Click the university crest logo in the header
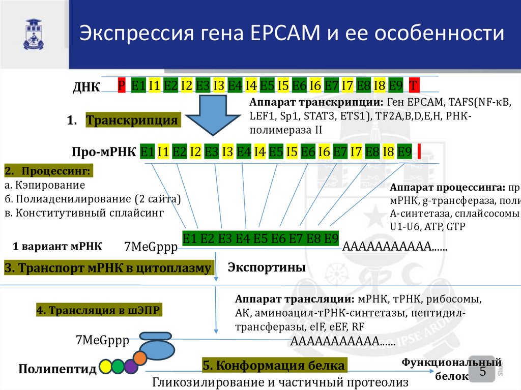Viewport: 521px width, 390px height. point(34,34)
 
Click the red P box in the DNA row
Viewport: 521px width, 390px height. point(122,85)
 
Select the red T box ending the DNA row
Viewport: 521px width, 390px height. point(414,85)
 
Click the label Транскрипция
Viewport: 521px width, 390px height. point(132,121)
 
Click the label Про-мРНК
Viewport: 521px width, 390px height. point(104,152)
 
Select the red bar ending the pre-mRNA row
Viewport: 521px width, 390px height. point(419,152)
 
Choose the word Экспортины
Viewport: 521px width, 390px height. point(266,267)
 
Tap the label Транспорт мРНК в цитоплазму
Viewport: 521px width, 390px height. point(108,268)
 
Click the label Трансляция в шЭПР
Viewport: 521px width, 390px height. point(100,310)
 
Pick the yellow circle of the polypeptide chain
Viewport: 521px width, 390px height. point(106,366)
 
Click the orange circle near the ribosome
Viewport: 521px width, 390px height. point(141,356)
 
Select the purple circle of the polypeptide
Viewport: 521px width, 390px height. point(131,366)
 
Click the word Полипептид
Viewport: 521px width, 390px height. point(57,369)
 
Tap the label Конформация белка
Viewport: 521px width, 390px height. point(274,365)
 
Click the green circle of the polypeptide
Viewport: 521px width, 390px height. point(118,366)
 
